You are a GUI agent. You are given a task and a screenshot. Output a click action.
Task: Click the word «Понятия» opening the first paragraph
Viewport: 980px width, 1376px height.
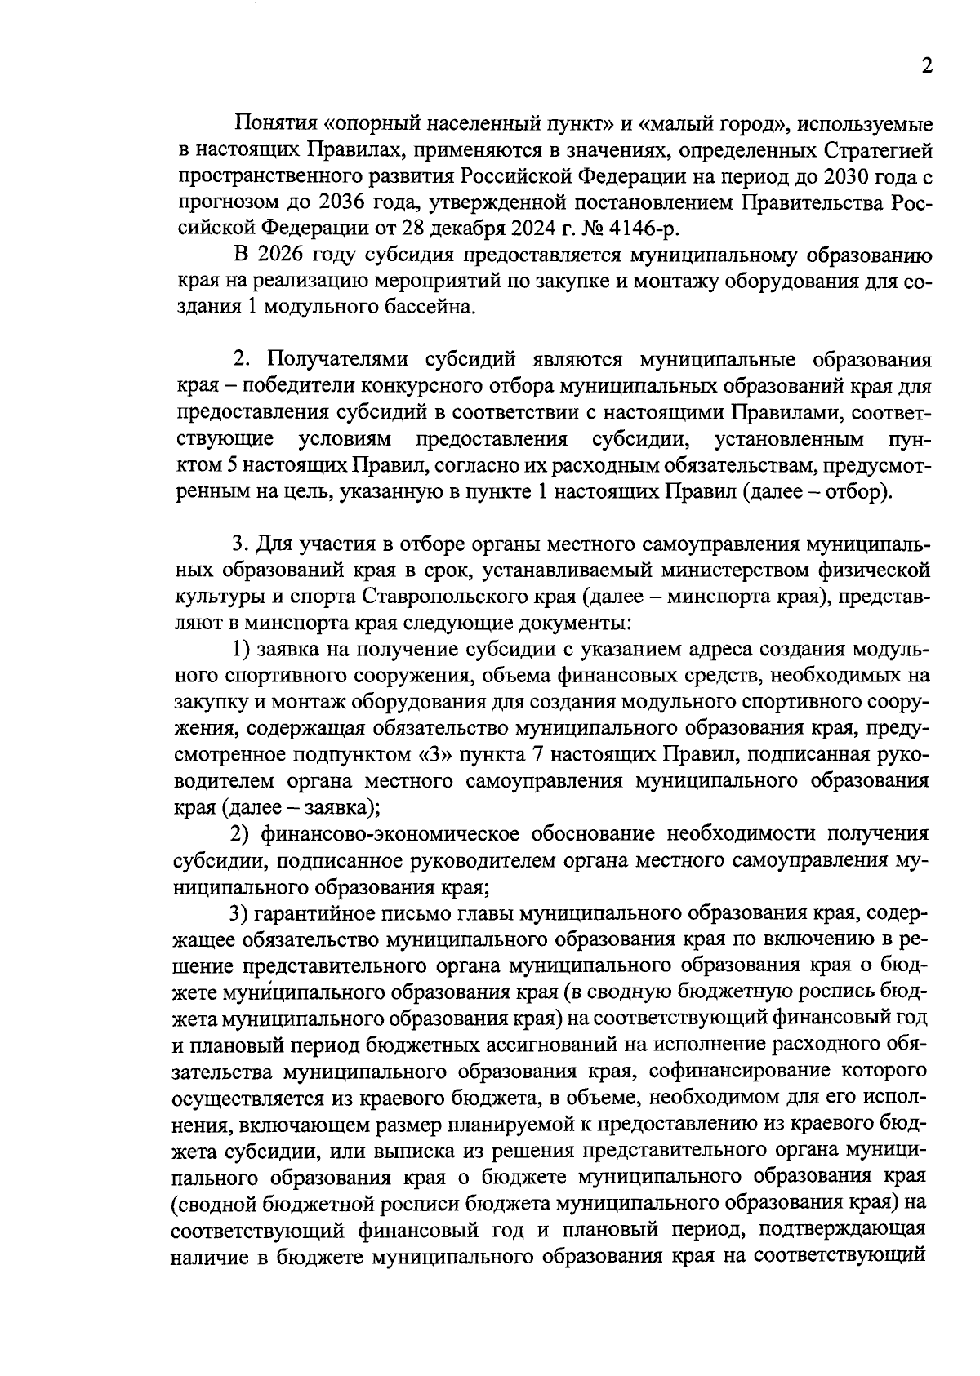point(273,124)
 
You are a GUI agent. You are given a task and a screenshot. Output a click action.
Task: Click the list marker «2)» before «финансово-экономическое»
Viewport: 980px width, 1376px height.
point(241,833)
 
